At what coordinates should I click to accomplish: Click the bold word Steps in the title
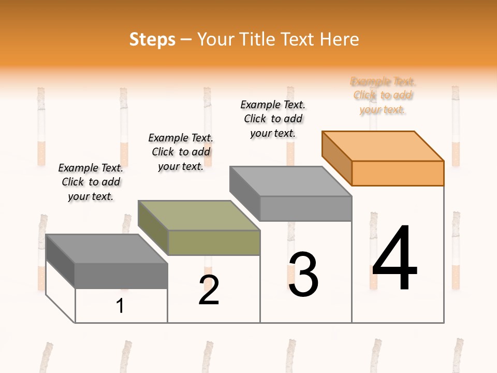tap(152, 39)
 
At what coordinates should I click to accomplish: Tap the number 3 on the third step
tap(303, 275)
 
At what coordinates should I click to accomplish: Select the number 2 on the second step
tap(209, 290)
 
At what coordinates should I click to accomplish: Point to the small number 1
tap(120, 306)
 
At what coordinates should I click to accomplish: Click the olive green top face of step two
tap(198, 215)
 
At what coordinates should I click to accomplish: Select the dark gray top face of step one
tap(106, 248)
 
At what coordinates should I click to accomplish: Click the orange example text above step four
tap(383, 95)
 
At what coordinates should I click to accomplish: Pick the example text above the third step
tap(273, 119)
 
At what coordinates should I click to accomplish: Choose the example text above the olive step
tap(181, 152)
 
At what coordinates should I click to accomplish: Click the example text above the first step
tap(91, 182)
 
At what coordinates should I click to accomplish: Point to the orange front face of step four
tap(398, 173)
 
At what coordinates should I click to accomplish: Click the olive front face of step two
tap(214, 242)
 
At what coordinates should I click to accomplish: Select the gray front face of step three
tap(305, 208)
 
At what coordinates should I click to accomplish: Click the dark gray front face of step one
tap(121, 276)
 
